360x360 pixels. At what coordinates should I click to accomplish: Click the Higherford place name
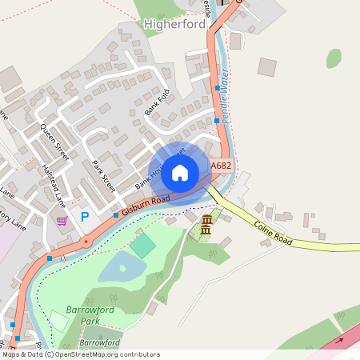click(x=174, y=24)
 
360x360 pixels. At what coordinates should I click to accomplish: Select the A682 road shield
click(x=221, y=166)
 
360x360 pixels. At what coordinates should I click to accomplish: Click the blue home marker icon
click(x=180, y=172)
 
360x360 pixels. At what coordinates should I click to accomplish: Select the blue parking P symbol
click(x=84, y=218)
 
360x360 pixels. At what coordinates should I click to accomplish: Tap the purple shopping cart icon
click(x=62, y=221)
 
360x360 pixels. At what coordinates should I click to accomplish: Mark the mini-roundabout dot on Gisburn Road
click(x=86, y=241)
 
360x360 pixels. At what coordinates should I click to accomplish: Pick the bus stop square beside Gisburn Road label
click(x=116, y=214)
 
